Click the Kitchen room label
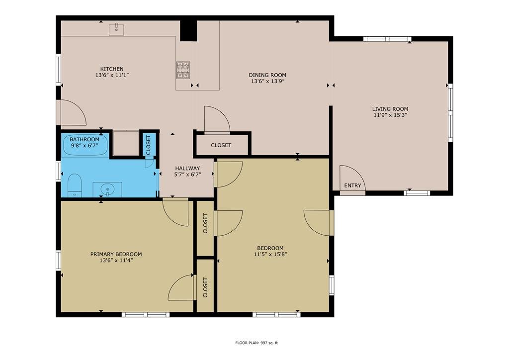tap(112, 69)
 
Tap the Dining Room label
tap(267, 75)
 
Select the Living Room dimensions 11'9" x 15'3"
tap(390, 115)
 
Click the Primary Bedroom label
tap(116, 254)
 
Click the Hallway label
tap(187, 168)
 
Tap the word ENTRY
tap(352, 185)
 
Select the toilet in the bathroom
tap(75, 185)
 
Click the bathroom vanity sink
tap(107, 189)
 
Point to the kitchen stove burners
tap(183, 70)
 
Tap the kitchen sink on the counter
tap(116, 29)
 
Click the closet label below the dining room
tap(221, 145)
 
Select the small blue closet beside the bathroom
tap(148, 145)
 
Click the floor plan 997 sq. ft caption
tap(256, 343)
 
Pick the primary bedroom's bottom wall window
tap(146, 314)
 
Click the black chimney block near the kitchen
tap(188, 31)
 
